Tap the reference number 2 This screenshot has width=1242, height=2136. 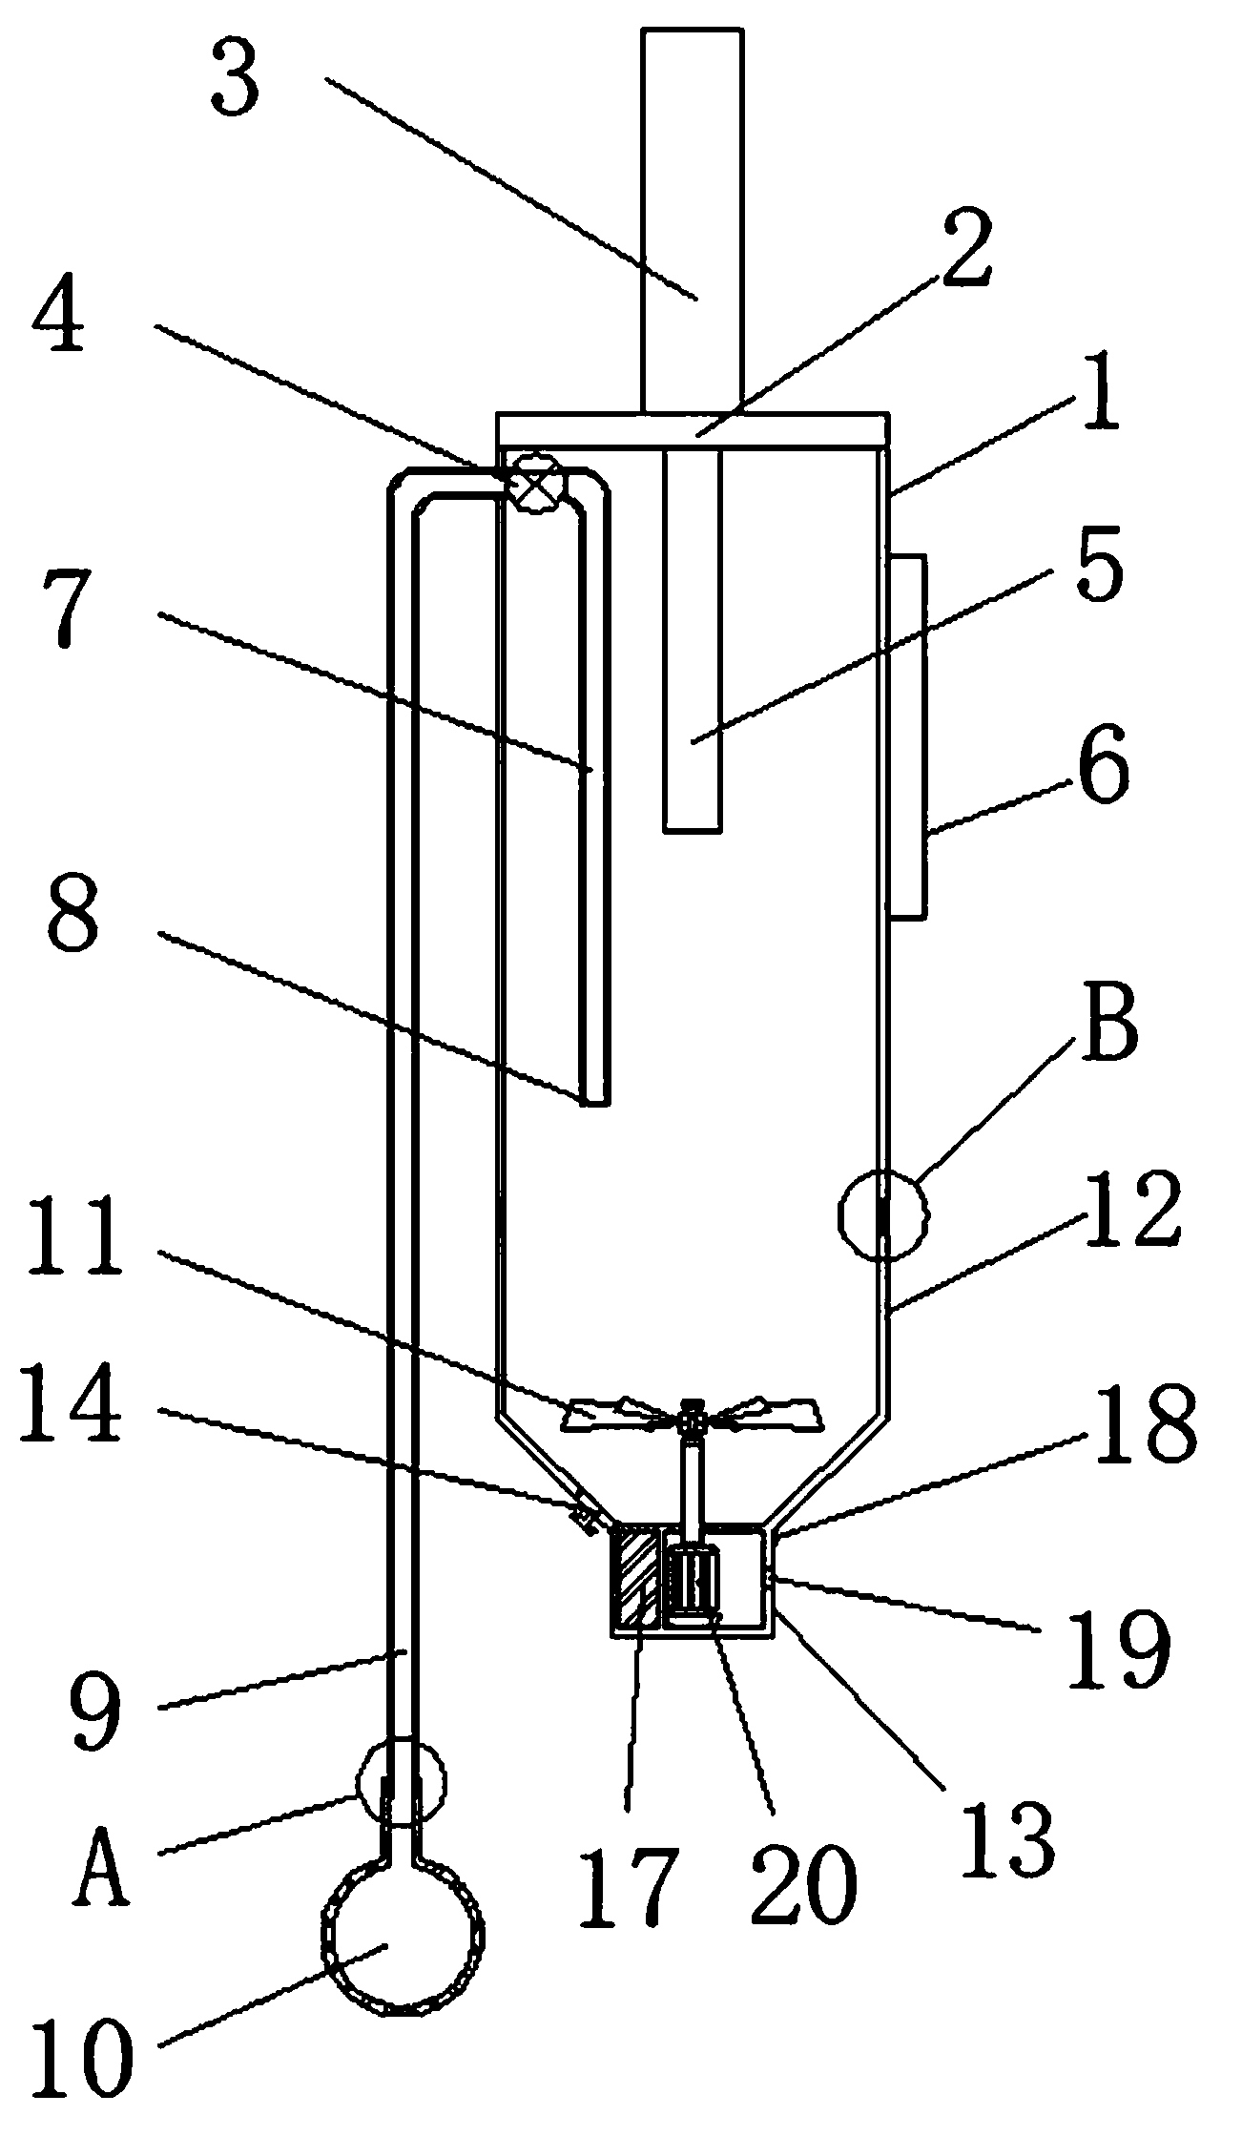966,249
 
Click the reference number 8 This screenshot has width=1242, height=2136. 72,915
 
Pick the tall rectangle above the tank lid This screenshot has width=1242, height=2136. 692,219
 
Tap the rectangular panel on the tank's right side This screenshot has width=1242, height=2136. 907,736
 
